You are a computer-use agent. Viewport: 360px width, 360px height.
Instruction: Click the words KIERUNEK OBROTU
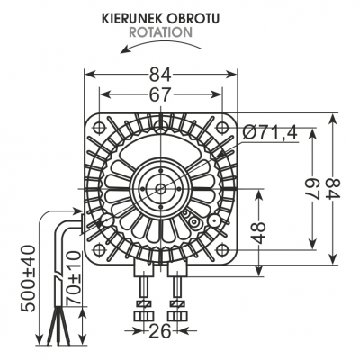click(160, 17)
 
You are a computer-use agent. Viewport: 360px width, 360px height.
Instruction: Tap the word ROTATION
click(160, 31)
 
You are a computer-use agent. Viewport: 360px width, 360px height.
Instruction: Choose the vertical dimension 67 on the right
click(314, 190)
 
